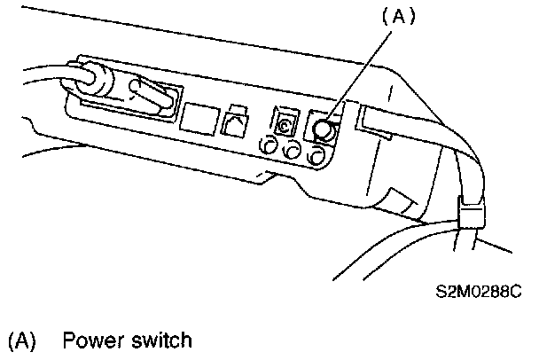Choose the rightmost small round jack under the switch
click(x=313, y=157)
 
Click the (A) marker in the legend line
click(x=20, y=340)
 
